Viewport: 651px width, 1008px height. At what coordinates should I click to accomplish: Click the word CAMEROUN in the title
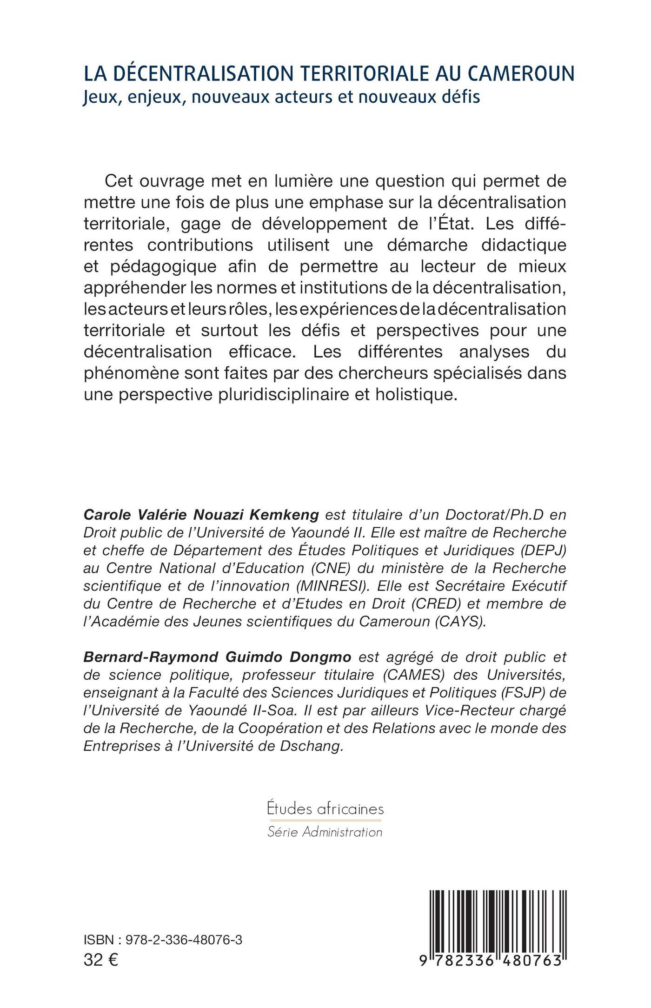click(x=520, y=74)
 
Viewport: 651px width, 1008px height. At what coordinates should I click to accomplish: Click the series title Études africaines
click(x=325, y=809)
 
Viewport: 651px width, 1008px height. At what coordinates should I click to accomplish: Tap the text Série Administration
click(x=325, y=832)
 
